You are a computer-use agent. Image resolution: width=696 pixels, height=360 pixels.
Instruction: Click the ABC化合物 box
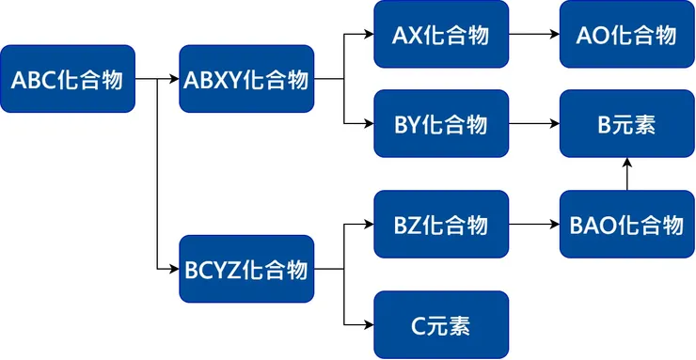coord(68,79)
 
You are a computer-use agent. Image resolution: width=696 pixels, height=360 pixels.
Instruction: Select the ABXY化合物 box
coord(246,79)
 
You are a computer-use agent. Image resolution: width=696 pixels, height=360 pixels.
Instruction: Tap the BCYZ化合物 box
coord(246,270)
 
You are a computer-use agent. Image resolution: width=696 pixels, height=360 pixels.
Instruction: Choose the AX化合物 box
coord(440,35)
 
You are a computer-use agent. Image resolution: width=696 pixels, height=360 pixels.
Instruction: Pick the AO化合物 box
coord(626,35)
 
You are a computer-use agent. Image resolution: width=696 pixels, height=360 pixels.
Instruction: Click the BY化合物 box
coord(440,123)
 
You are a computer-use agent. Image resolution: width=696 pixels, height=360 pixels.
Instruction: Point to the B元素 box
coord(626,123)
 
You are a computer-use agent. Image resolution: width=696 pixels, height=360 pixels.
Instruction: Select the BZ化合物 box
coord(440,225)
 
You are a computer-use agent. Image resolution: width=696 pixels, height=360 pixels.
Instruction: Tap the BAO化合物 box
coord(626,225)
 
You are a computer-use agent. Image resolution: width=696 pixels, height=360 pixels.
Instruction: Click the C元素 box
coord(440,325)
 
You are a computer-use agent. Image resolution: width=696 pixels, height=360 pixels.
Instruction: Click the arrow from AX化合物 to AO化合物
coord(533,35)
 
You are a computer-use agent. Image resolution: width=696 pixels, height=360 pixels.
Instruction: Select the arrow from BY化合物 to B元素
coord(533,123)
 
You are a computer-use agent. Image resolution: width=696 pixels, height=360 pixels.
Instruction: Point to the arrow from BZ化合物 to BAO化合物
coord(533,225)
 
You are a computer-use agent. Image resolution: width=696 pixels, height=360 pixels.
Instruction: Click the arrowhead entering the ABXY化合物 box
coord(173,79)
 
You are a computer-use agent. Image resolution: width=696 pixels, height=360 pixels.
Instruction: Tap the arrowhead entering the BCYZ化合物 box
coord(173,270)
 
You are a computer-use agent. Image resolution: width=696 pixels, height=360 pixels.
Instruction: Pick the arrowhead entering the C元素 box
coord(368,325)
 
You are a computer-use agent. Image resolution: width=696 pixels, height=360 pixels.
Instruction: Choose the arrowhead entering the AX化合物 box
coord(368,35)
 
